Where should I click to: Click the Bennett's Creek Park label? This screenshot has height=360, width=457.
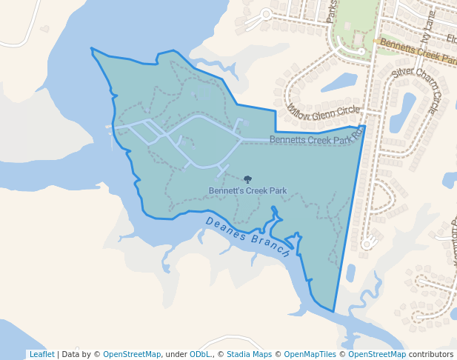[x=247, y=190]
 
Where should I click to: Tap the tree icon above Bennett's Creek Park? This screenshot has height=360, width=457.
[x=247, y=179]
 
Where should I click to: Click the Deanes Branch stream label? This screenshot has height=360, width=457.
[x=248, y=238]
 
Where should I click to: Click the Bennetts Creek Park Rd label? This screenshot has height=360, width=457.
[x=316, y=139]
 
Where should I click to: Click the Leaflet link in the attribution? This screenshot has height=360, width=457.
[x=41, y=354]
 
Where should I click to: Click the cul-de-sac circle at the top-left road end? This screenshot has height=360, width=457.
[x=267, y=13]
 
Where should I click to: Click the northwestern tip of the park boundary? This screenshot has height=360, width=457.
[x=91, y=49]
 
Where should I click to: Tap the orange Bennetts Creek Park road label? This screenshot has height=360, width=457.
[x=417, y=52]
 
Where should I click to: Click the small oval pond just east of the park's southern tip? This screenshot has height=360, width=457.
[x=350, y=273]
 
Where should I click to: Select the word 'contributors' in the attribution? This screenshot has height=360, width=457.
[x=431, y=354]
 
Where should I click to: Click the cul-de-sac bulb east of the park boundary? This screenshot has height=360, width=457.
[x=366, y=244]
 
